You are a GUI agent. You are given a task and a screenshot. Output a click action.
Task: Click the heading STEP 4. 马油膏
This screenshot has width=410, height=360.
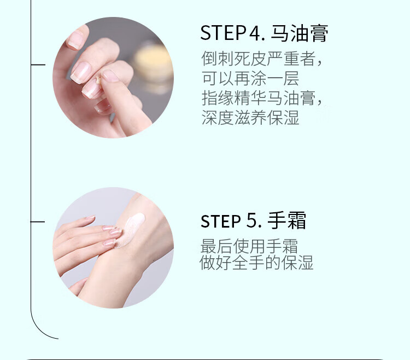tap(264, 33)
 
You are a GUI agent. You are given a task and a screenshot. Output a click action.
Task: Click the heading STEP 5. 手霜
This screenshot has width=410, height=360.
tap(253, 220)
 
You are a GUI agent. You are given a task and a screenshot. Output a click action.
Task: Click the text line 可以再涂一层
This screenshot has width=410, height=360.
tap(250, 78)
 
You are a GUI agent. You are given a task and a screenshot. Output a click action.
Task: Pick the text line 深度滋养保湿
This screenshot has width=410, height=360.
tap(250, 118)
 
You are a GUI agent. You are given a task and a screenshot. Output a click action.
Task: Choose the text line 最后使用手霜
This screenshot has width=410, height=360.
tap(249, 246)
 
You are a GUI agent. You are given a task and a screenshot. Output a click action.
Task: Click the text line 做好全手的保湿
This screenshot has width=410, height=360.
tap(256, 263)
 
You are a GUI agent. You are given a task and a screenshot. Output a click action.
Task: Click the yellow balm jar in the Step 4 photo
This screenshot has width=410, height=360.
tap(153, 65)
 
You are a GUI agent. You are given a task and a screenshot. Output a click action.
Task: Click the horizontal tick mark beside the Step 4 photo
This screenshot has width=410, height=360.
tap(38, 65)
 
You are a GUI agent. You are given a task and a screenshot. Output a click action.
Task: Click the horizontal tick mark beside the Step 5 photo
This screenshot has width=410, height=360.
tap(38, 222)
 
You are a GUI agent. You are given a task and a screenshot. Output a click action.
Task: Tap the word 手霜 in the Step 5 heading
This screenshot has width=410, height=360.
tap(287, 220)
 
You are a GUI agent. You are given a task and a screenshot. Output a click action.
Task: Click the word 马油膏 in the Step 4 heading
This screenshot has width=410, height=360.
tap(300, 33)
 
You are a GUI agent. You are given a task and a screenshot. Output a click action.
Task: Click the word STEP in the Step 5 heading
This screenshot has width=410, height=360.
tap(220, 221)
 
